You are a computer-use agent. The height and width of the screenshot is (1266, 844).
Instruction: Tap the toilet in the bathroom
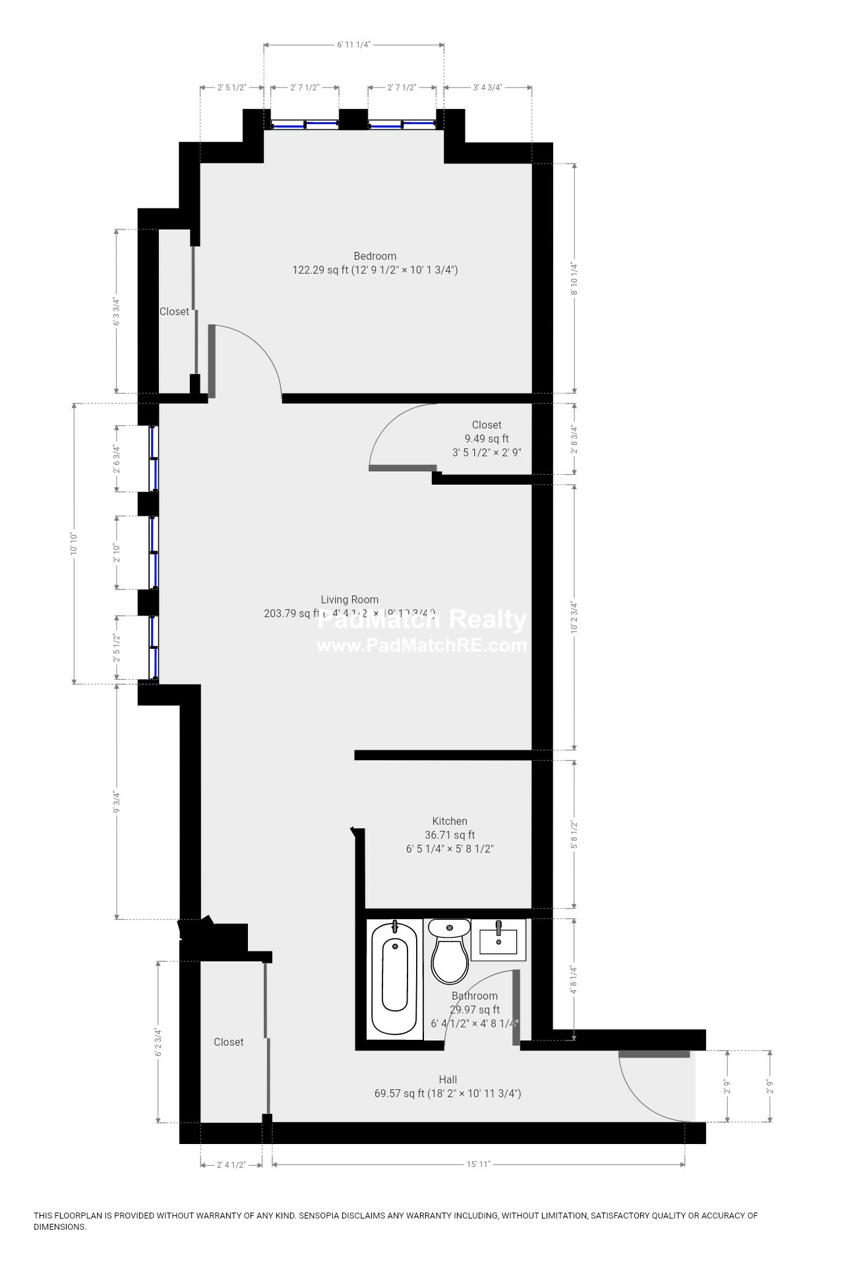(x=449, y=951)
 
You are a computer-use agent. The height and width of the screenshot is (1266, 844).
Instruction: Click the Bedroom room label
(x=375, y=256)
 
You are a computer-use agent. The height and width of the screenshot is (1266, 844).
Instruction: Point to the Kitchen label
(x=450, y=821)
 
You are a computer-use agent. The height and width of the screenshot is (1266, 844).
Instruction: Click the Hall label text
(x=448, y=1079)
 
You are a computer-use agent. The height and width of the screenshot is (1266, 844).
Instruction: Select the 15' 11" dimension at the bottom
(x=478, y=1164)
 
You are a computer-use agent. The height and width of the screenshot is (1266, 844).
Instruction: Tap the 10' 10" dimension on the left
(x=74, y=544)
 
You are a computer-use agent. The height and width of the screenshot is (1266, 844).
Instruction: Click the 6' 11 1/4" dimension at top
(x=354, y=45)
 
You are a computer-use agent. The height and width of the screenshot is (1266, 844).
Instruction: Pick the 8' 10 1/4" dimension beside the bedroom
(x=574, y=278)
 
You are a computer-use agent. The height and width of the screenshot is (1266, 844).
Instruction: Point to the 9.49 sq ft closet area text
(x=487, y=438)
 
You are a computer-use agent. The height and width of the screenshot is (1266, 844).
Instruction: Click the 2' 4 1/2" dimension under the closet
(x=231, y=1164)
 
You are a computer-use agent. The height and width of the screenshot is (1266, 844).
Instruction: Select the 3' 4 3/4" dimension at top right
(x=488, y=87)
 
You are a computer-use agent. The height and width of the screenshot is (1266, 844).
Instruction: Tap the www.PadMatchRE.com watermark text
(x=422, y=645)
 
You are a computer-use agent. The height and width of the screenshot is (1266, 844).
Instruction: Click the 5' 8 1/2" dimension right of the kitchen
(x=574, y=834)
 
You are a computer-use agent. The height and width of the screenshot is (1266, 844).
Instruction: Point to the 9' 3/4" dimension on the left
(x=117, y=801)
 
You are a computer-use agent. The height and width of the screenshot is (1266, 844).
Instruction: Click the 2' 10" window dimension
(x=117, y=553)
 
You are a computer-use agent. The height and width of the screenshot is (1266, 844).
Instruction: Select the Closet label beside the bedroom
(x=174, y=311)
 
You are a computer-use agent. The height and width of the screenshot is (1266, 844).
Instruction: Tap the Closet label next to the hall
(x=229, y=1042)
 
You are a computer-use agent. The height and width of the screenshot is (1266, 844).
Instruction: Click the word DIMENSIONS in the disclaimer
(x=60, y=1227)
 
